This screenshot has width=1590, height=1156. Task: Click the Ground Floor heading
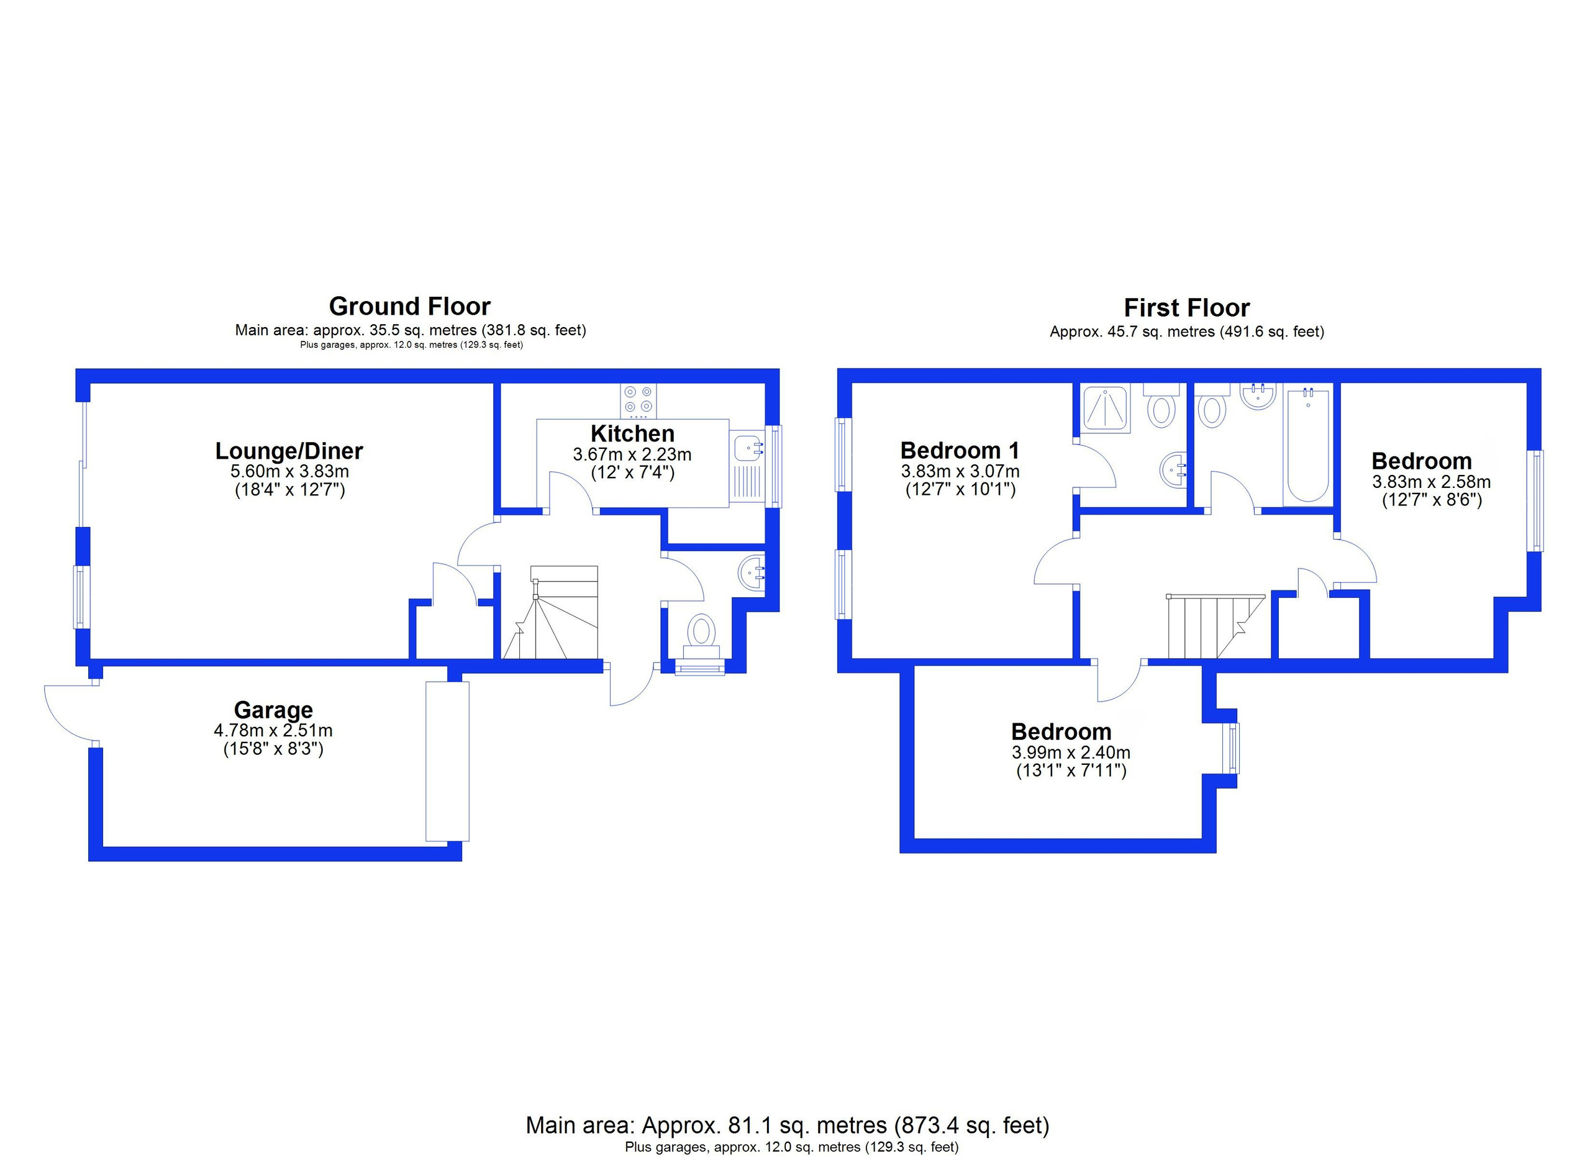point(409,307)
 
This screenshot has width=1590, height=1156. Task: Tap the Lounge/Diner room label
point(289,451)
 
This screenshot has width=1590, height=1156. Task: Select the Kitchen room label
point(632,434)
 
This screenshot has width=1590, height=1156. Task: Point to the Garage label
point(273,710)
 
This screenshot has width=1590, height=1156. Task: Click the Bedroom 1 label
point(960,449)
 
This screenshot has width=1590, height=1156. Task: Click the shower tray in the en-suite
point(1105,408)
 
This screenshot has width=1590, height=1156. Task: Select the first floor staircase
point(1215,626)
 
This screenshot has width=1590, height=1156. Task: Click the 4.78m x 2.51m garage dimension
point(273,731)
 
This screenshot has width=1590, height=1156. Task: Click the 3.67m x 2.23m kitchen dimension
point(632,454)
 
